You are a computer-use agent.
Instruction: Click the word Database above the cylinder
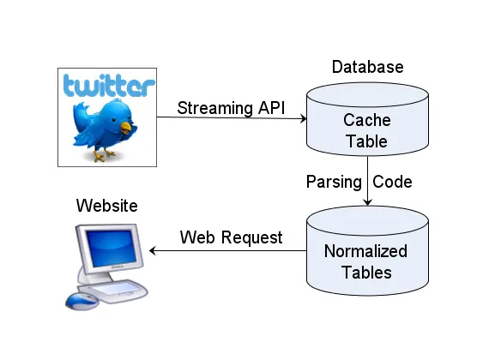pos(368,67)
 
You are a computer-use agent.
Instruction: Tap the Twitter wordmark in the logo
pos(109,85)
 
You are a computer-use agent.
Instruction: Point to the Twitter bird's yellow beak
pos(126,128)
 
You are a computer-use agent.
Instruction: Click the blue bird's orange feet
pos(104,154)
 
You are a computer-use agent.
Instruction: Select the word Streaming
pos(215,109)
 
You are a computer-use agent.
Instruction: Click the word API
pos(271,108)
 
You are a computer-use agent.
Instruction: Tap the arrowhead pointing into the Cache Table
pos(303,118)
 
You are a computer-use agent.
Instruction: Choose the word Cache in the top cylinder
pos(367,120)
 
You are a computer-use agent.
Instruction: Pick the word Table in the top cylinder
pos(367,141)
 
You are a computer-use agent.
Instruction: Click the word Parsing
pos(334,183)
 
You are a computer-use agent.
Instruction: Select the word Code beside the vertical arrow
pos(392,182)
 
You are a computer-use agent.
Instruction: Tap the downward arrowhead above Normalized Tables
pos(368,202)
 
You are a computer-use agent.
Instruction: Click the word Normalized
pos(365,251)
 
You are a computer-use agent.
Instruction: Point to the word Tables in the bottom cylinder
pos(367,273)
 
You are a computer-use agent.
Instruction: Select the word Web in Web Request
pos(197,237)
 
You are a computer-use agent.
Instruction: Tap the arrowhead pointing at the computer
pos(153,250)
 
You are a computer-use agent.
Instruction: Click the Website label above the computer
pos(107,206)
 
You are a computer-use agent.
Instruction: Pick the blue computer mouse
pos(81,301)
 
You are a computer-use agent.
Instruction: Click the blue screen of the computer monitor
pos(112,248)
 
